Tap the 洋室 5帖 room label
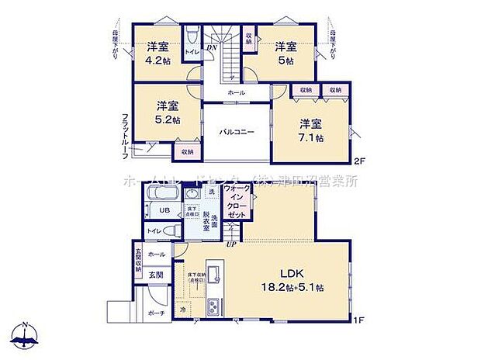[286, 60]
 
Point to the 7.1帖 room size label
[312, 137]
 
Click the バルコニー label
[236, 133]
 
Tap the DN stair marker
[211, 47]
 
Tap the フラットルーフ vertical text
[125, 137]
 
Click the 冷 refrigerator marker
[182, 310]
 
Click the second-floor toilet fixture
[191, 37]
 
